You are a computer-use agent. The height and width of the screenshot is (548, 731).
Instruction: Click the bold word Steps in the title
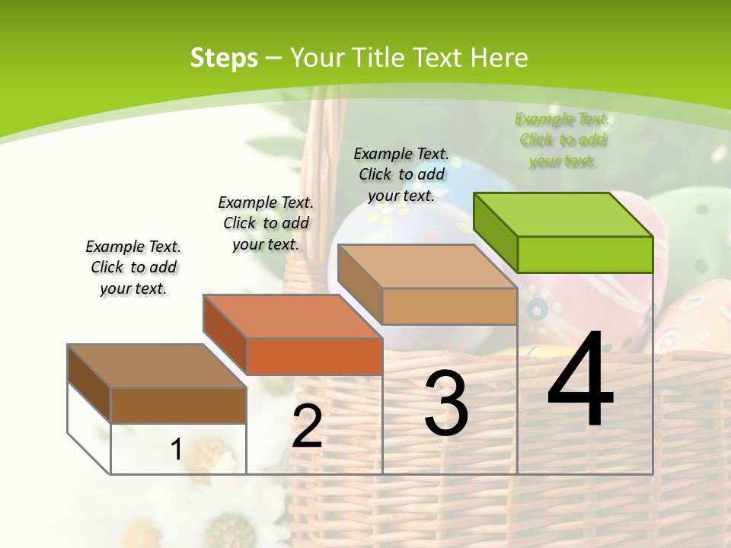point(224,58)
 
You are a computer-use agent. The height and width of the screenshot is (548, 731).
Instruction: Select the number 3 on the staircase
point(446,403)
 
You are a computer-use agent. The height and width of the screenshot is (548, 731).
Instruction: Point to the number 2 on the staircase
point(307,426)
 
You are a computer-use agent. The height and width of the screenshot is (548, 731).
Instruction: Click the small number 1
point(176,449)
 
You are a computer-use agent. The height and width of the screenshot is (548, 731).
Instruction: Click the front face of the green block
point(585,254)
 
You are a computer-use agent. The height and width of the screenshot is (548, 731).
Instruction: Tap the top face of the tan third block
point(426,266)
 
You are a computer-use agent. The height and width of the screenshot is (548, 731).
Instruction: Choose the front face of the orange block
point(314,356)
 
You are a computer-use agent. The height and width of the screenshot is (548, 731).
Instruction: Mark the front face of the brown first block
point(178,405)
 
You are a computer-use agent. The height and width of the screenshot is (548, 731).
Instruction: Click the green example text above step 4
point(562,140)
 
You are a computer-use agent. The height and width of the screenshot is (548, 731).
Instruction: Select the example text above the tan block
point(401,174)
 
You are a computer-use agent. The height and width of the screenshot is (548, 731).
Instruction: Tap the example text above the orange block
point(266,223)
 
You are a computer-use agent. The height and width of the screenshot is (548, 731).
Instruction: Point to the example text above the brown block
point(133,267)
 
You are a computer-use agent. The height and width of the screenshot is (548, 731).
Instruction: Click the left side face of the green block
point(495,233)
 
